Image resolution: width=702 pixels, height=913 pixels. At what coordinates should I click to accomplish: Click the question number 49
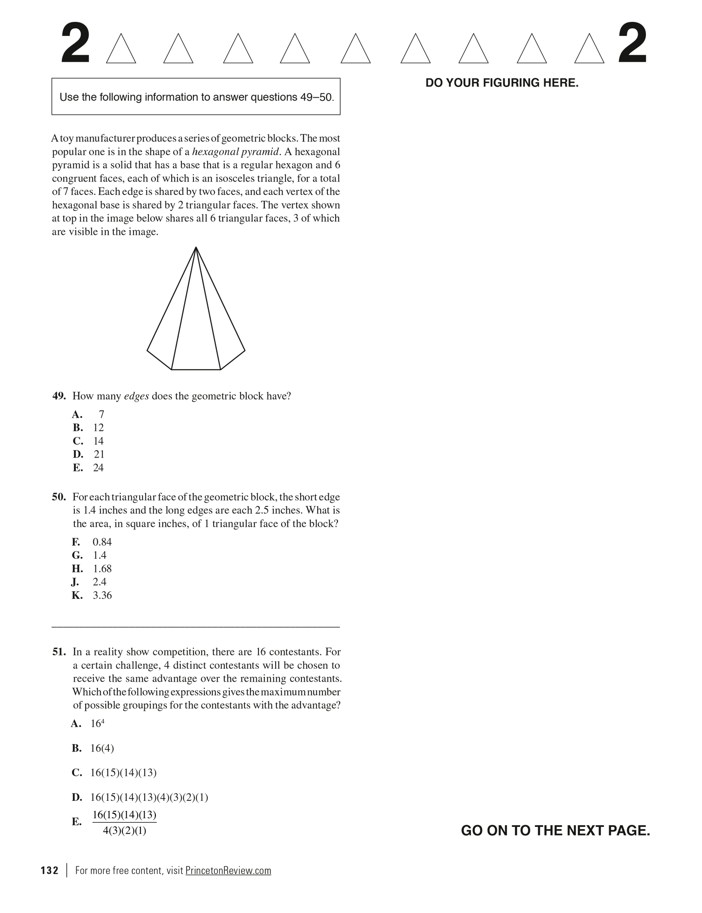[x=59, y=396]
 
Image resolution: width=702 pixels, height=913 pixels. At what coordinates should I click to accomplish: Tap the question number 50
[x=59, y=497]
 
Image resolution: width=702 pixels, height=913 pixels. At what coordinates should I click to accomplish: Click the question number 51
[x=59, y=652]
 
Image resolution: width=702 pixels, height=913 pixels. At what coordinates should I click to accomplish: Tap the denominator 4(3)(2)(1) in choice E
[x=125, y=831]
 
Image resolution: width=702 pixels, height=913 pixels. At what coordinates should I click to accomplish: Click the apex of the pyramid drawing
[x=196, y=248]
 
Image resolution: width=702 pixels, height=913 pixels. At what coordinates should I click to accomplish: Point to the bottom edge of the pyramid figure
[x=196, y=369]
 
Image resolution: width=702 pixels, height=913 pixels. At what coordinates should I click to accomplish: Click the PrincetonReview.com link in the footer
[x=228, y=871]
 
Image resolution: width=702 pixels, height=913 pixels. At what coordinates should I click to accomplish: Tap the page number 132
[x=50, y=871]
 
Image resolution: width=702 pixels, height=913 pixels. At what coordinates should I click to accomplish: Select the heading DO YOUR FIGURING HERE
[x=502, y=83]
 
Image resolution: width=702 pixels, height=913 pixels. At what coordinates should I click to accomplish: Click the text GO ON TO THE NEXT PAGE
[x=555, y=831]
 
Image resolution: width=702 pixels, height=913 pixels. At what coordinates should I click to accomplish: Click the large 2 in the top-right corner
[x=632, y=45]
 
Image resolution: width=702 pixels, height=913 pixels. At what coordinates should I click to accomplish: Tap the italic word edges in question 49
[x=136, y=396]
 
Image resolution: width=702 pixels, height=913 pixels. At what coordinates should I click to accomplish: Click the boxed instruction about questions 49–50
[x=196, y=97]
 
